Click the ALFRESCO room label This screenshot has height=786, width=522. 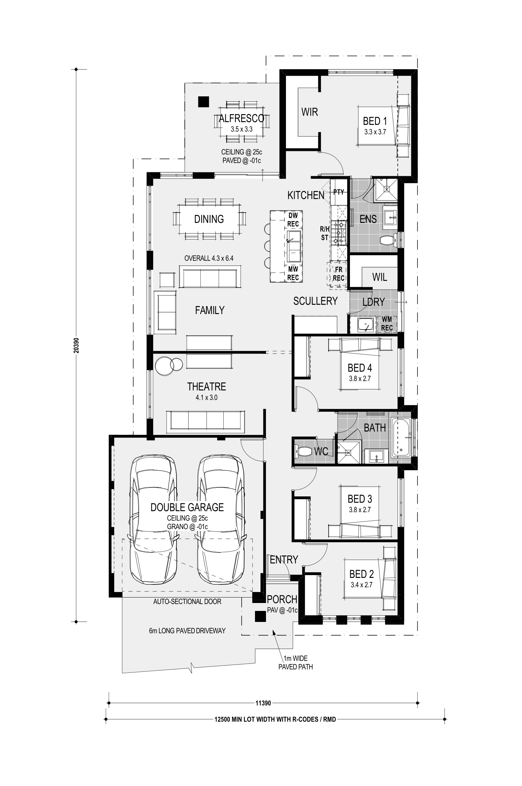(242, 118)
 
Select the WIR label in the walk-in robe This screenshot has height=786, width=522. (309, 112)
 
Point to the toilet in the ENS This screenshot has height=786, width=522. (389, 240)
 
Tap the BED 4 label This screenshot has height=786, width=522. (360, 368)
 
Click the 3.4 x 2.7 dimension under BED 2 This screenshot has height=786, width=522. (361, 584)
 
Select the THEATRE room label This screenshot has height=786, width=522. (206, 386)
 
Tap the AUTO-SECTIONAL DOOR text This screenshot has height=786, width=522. (187, 602)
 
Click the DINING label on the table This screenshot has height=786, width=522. (209, 219)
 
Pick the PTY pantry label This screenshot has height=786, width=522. (339, 192)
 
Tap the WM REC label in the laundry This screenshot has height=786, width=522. (387, 324)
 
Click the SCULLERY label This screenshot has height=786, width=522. (315, 301)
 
